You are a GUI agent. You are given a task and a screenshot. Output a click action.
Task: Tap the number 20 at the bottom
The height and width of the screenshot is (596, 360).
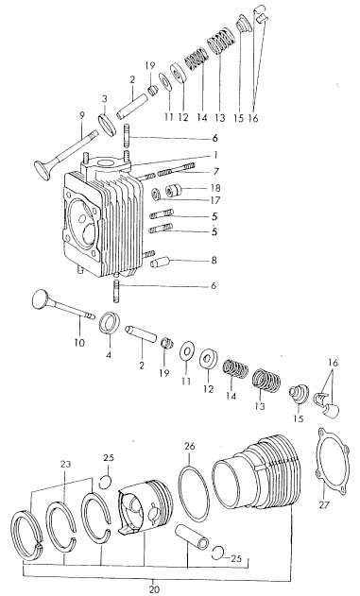click(154, 589)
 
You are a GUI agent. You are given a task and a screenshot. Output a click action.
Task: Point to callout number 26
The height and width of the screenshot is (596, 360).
click(189, 446)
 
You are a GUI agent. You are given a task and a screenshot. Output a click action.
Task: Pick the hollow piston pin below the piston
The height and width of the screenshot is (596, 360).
click(192, 536)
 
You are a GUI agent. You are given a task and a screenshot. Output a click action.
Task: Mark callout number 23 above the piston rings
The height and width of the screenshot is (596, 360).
click(65, 465)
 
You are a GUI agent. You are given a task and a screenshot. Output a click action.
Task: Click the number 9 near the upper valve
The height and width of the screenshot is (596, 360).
click(82, 115)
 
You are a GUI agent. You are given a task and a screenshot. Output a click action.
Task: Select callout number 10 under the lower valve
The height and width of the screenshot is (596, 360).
click(79, 343)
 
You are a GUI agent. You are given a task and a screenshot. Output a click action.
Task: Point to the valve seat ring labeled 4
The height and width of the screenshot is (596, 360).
click(110, 323)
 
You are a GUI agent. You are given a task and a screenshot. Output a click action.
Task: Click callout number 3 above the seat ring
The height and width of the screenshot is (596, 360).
click(104, 99)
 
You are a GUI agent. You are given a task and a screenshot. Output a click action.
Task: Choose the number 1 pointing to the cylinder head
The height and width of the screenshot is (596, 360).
click(214, 155)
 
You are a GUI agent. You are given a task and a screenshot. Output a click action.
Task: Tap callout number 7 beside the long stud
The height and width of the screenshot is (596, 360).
click(216, 172)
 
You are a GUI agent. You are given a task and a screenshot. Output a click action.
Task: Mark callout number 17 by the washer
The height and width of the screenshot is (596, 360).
click(214, 200)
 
